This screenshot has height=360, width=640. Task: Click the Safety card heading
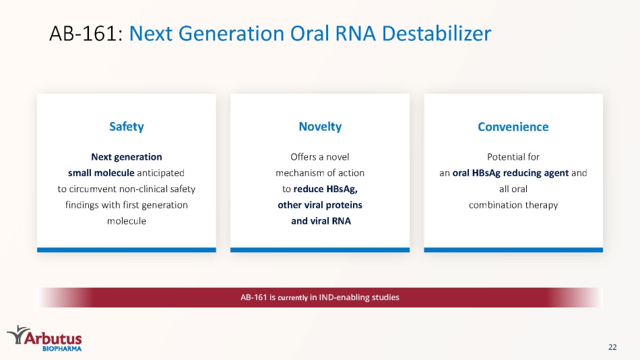(127, 127)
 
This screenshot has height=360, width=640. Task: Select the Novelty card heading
(320, 127)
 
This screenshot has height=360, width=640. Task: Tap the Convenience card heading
(513, 127)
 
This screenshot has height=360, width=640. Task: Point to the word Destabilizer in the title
(437, 34)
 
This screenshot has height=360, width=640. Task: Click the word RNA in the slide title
(355, 34)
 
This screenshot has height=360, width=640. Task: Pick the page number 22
(612, 347)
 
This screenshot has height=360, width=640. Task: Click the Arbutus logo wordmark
(53, 338)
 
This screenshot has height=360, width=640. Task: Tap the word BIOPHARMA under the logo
(62, 349)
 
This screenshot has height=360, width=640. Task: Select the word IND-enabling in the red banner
(344, 297)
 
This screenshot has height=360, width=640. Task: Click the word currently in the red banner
(292, 297)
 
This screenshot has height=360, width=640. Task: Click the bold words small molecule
(101, 173)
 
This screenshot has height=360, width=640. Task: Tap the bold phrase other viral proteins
(320, 205)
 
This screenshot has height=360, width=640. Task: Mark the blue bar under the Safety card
(127, 249)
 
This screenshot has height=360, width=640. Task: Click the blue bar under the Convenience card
(513, 249)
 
